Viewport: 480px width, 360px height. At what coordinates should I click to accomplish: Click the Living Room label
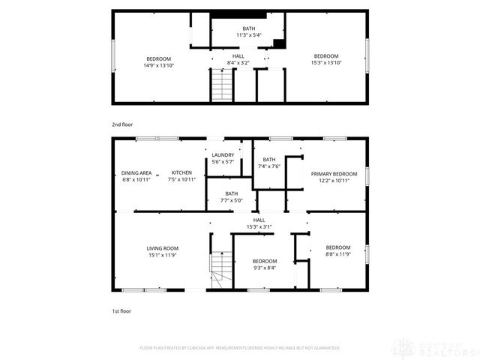click(x=162, y=248)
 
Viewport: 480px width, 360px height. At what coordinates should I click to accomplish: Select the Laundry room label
click(x=223, y=155)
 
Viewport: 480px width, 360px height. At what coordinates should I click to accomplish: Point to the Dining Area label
click(x=136, y=172)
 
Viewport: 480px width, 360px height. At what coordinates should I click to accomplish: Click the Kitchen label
click(x=181, y=172)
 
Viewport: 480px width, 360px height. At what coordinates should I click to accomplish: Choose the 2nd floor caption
click(x=123, y=124)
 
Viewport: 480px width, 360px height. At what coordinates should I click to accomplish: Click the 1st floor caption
click(x=121, y=310)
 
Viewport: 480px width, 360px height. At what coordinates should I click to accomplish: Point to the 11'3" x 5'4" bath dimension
click(x=248, y=35)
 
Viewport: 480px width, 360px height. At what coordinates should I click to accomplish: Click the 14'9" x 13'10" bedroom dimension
click(x=158, y=66)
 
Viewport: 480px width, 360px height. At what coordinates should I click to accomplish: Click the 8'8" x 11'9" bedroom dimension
click(x=337, y=255)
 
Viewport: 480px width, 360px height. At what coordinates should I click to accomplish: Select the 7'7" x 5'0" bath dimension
click(x=232, y=200)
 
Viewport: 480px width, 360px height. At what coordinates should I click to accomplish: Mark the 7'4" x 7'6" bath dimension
click(x=269, y=166)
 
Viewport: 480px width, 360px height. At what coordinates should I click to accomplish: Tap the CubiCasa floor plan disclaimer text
click(x=240, y=348)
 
